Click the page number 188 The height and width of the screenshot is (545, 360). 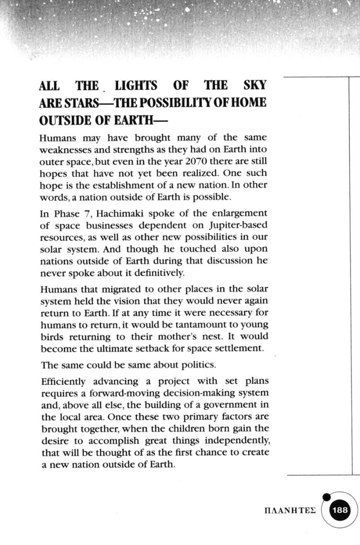click(340, 510)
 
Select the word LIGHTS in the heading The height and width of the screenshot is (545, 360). click(136, 85)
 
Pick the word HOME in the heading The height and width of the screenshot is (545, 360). click(248, 102)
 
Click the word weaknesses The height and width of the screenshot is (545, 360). click(64, 149)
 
